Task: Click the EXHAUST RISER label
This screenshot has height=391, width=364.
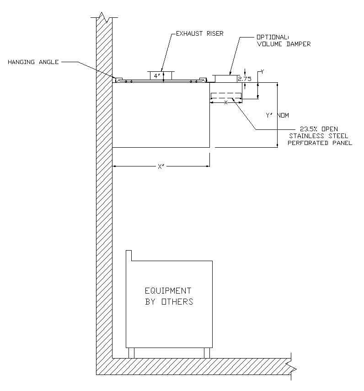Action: [200, 34]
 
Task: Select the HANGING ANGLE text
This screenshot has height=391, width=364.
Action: [33, 62]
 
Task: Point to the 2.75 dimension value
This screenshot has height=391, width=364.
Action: [246, 79]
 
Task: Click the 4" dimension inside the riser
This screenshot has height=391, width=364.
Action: [156, 76]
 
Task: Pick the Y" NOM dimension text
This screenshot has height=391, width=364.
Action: [277, 116]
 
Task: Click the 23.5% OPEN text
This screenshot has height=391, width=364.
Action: [319, 129]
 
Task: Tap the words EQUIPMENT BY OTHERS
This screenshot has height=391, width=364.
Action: [169, 296]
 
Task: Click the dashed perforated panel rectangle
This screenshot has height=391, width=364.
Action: [226, 96]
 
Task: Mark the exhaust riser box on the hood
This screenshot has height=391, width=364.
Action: [161, 75]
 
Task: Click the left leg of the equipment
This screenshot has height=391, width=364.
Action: [132, 353]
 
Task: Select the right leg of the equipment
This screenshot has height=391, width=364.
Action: [207, 353]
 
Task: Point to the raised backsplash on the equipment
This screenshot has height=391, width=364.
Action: [129, 255]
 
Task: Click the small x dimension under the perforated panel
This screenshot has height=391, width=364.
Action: [225, 103]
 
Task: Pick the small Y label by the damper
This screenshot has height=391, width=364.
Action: [262, 72]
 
